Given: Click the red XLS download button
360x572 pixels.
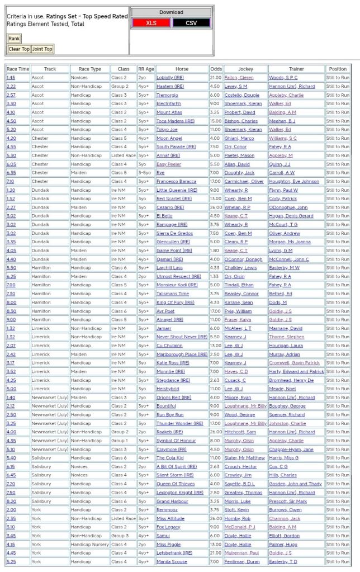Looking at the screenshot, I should click(151, 23).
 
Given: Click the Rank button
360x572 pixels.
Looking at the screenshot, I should click(14, 39).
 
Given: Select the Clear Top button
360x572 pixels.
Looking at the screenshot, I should click(19, 49).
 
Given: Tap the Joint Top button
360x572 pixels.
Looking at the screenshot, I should click(42, 49).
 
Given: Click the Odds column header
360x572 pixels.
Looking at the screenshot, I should click(215, 69).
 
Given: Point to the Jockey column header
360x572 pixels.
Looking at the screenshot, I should click(245, 69).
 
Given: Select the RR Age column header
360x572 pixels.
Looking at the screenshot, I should click(146, 69).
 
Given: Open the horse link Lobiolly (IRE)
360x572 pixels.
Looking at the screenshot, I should click(170, 78).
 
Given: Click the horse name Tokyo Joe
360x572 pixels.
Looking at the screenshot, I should click(167, 130).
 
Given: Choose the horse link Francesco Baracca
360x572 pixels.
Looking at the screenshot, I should click(177, 181).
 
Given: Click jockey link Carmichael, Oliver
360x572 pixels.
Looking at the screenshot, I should click(245, 181).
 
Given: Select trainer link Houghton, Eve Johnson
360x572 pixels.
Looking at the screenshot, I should click(294, 181).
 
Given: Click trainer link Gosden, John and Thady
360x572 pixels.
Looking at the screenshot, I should click(296, 484).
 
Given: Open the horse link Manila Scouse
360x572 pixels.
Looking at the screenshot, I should click(172, 561).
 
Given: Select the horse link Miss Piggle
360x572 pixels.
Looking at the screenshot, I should click(168, 544).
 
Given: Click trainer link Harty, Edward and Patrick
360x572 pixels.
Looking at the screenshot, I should click(296, 371).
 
